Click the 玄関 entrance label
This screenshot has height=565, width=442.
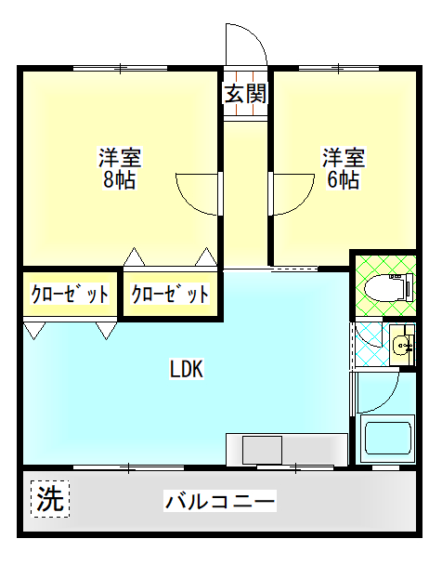pos(245,93)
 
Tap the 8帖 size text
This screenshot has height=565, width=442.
pos(119,179)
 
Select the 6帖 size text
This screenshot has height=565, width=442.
pos(343,179)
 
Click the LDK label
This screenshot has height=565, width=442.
pos(187,369)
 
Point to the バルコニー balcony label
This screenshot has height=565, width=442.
pos(220,501)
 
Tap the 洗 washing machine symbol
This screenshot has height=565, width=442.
pos(50,499)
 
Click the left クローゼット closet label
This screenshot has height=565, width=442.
pos(70,294)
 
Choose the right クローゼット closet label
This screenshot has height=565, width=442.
pos(170,294)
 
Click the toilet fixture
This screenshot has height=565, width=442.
pos(389,287)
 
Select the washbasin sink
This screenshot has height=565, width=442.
pos(402,345)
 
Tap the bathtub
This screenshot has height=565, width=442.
pos(387,439)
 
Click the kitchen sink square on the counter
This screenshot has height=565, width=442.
pos(262,450)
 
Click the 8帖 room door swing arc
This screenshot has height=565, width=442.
pos(188,202)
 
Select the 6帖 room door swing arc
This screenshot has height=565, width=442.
pos(305,202)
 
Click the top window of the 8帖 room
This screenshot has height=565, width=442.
pos(120,68)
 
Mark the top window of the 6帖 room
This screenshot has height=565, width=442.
pos(339,68)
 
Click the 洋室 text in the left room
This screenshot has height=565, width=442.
pos(120,157)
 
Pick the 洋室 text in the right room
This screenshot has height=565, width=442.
pos(344,157)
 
